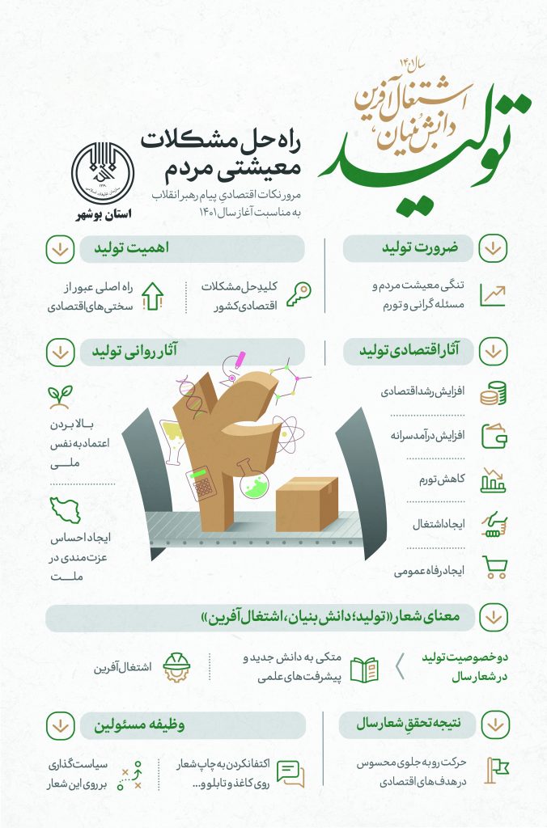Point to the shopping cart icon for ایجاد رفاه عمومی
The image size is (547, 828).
[494, 568]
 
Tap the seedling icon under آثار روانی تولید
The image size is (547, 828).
[58, 395]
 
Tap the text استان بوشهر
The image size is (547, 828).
[101, 215]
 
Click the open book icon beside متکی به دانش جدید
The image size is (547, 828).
[364, 669]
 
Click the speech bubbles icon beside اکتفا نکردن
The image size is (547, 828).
[290, 773]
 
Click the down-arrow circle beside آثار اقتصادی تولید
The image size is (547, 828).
[494, 352]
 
